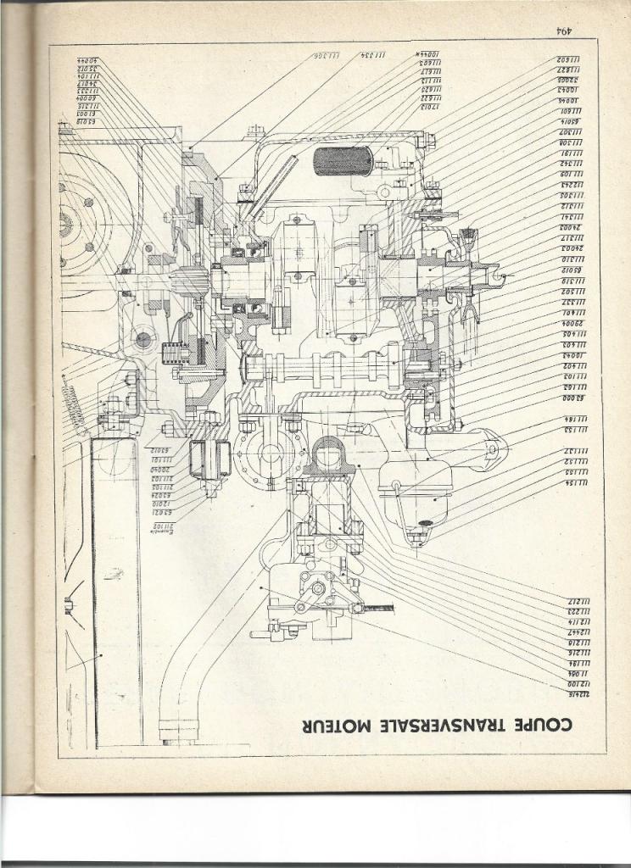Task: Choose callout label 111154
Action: click(x=577, y=482)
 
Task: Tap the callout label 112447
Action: click(x=579, y=632)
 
